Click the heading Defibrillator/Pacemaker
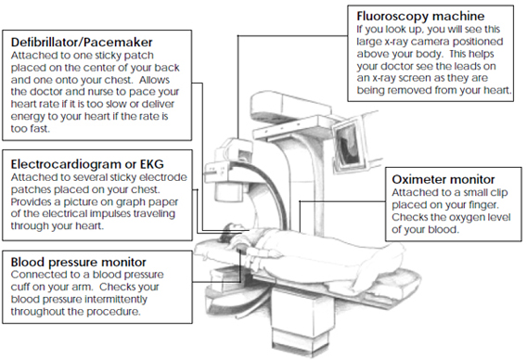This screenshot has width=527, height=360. (82, 43)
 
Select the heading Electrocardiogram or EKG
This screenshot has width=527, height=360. (87, 164)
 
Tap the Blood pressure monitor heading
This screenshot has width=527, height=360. (78, 262)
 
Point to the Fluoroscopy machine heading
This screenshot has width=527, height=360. (420, 16)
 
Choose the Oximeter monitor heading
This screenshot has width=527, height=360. (443, 179)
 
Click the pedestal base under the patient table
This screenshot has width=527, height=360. (302, 320)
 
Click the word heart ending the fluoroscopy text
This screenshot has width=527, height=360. (498, 91)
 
